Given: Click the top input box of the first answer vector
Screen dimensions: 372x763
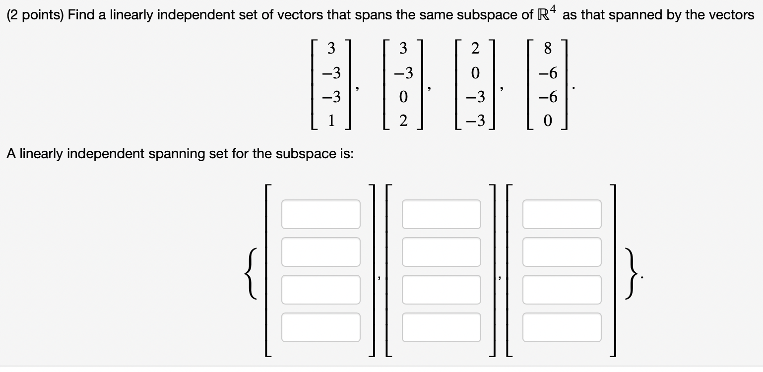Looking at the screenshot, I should pos(320,214).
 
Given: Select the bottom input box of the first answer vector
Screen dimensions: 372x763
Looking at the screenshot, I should pos(320,327).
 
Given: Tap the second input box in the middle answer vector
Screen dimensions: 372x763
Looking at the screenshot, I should pos(441,252).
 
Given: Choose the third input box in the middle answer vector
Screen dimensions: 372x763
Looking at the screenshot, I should pos(441,290).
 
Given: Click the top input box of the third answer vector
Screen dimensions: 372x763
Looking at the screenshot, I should pos(562,214).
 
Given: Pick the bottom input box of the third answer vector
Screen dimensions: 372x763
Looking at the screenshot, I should pos(562,327).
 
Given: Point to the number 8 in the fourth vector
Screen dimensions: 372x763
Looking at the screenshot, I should pos(548,49).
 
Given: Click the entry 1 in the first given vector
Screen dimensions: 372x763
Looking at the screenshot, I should pos(332,121).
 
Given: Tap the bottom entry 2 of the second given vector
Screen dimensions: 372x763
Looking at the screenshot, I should pos(403,121).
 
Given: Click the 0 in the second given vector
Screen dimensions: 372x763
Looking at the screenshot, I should pos(403,97).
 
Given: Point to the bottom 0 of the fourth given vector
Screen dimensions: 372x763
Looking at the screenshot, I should pos(548,121).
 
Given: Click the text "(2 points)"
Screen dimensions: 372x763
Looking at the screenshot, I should pos(34,15).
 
